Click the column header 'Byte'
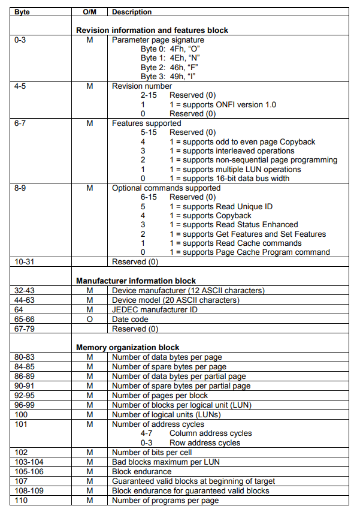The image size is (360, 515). coord(23,12)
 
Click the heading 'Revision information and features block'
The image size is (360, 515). coord(152,30)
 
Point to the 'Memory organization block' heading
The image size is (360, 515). coord(128,347)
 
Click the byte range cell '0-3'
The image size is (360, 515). coord(20,40)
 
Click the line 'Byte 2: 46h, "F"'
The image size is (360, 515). coord(170,67)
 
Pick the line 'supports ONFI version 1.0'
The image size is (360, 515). coord(222,104)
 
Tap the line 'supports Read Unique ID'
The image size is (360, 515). coord(220,206)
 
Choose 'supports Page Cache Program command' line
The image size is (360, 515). coord(249,252)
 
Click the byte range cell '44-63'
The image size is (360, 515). coord(25,300)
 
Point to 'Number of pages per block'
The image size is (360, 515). coord(160,395)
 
